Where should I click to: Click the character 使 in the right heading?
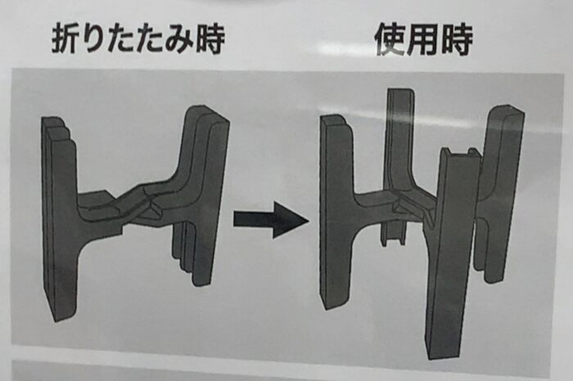click(390, 39)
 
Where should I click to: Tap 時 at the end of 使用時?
click(456, 39)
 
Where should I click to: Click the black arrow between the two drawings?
click(271, 221)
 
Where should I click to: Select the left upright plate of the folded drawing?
click(58, 219)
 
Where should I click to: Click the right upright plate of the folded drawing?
click(205, 197)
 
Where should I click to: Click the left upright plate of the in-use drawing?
click(336, 212)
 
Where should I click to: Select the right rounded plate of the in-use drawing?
click(501, 194)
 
